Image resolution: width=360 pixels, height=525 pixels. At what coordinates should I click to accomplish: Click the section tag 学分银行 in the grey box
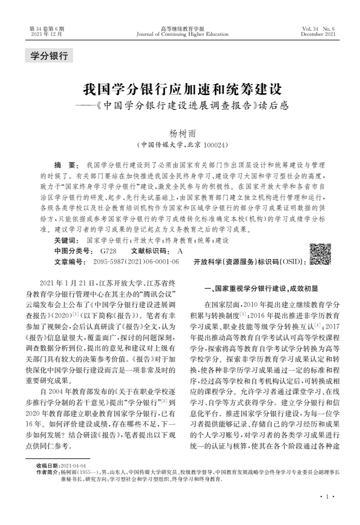pos(49,56)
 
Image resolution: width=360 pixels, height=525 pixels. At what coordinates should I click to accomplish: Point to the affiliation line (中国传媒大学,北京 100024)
pos(183,145)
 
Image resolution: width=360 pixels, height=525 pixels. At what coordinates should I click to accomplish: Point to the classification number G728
pos(108,251)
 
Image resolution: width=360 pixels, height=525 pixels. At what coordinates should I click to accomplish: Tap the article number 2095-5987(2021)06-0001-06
pos(136,262)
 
